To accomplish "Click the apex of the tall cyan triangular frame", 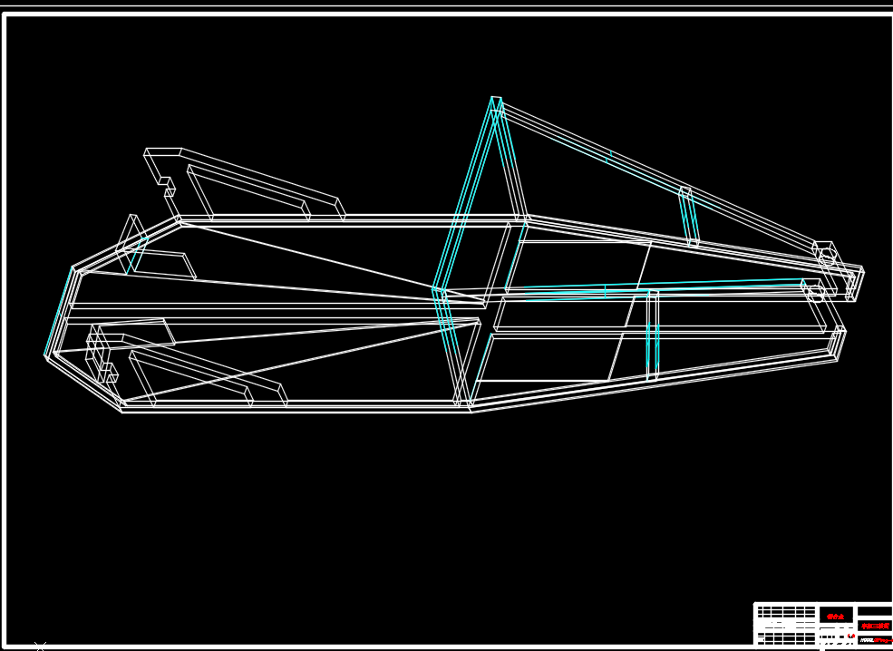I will coord(496,99).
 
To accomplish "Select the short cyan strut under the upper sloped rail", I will coord(689,218).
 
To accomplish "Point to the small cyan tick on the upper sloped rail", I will coord(608,156).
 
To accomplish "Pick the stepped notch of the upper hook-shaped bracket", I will coord(167,186).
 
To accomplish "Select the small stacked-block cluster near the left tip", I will coord(100,358).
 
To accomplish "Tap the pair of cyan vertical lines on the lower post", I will coord(652,349).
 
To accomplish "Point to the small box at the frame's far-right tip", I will coord(854,284).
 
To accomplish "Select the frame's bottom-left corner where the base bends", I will coord(121,407).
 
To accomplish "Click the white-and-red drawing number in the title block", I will coord(875,640).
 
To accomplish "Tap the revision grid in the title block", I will coord(786,613).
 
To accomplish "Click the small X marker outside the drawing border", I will coord(40,646).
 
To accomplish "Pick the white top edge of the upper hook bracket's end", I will coord(163,150).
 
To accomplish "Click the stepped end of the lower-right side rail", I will coord(838,342).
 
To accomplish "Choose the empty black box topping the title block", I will coord(874,610).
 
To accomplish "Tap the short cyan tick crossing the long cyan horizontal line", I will coord(605,291).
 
